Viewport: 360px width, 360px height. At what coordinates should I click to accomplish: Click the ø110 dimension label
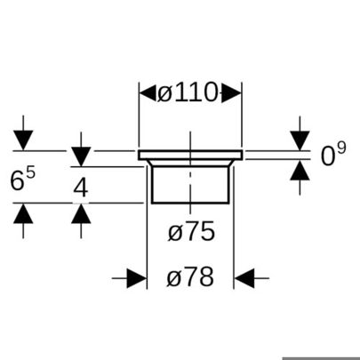point(188,92)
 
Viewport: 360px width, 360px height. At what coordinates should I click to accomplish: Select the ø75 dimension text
point(191,231)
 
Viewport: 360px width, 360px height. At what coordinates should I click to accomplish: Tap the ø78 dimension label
point(190,277)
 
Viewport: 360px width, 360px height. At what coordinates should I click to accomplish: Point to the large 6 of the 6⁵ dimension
point(17,180)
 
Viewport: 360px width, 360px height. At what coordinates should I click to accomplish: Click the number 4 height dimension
point(81,188)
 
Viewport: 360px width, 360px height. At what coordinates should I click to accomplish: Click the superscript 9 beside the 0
point(341,148)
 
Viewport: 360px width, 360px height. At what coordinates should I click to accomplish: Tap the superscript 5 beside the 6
point(30,173)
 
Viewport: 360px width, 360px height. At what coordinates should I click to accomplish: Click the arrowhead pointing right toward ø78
point(137,278)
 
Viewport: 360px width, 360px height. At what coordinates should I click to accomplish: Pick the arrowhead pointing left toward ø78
point(244,278)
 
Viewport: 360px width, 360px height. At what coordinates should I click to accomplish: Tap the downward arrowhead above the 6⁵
point(23,140)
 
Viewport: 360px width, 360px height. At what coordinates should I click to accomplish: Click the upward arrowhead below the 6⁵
point(23,213)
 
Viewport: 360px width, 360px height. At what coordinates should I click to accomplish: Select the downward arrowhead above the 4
point(81,156)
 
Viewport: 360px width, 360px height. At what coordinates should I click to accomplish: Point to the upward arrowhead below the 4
point(81,213)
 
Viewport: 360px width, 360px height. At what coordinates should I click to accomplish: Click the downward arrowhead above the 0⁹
point(300,140)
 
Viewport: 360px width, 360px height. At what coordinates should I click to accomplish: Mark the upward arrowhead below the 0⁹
point(300,170)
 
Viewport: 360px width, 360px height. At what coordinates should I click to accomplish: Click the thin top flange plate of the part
point(190,155)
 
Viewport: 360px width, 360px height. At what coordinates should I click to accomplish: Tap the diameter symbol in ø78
point(173,277)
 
